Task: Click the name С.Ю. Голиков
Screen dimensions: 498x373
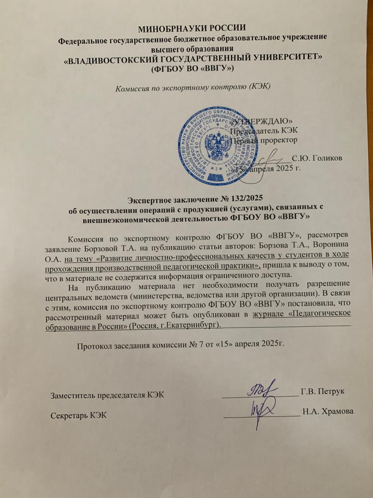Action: click(317, 158)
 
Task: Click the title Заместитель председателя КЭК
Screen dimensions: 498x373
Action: click(108, 395)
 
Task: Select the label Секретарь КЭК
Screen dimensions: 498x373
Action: click(79, 415)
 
